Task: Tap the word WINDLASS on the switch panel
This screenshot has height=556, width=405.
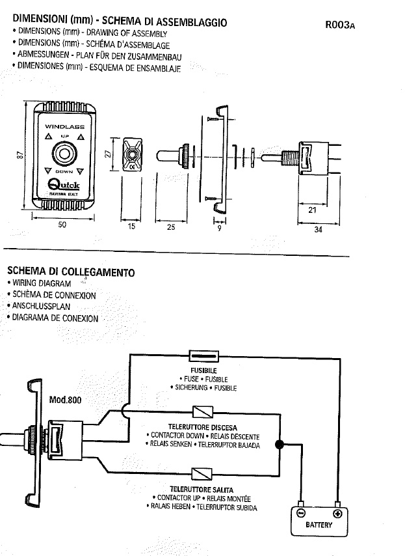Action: point(64,127)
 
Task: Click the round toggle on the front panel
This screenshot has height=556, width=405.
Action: point(64,156)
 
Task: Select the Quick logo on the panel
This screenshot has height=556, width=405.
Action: point(64,186)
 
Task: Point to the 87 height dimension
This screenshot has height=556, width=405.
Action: point(20,156)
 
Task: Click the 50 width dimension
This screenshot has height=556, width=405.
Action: point(63,225)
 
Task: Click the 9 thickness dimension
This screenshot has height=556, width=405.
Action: point(219,228)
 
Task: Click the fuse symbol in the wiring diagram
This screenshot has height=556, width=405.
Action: point(204,355)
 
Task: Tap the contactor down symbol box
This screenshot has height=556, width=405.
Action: point(202,413)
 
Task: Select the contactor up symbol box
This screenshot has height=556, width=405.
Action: point(202,473)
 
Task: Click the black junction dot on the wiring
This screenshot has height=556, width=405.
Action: point(280,445)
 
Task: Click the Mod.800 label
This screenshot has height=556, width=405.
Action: point(65,400)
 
